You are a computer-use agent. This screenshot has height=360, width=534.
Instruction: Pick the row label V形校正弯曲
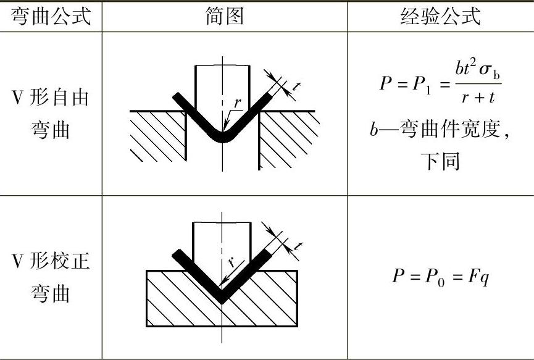51,277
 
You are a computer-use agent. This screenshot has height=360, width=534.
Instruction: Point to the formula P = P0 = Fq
440,276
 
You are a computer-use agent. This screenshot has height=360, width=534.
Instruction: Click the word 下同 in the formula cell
440,162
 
